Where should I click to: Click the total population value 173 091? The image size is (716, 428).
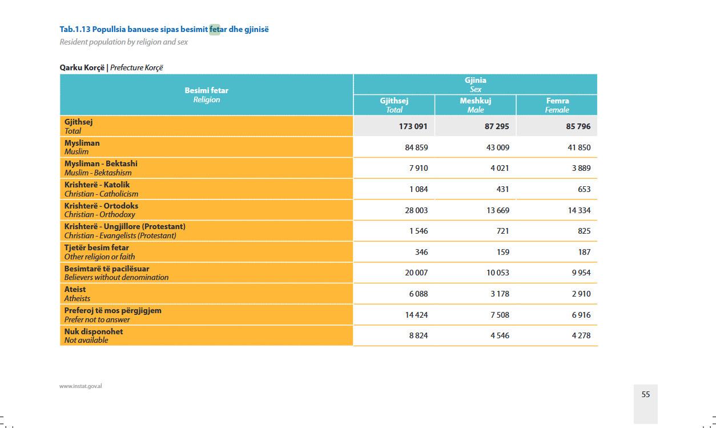[413, 126]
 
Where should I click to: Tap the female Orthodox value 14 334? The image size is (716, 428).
[579, 210]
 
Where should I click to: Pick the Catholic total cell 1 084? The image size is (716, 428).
[418, 189]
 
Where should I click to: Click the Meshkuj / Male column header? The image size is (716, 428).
[476, 105]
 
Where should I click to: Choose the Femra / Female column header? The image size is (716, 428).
[557, 105]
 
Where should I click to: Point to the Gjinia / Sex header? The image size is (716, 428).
[475, 85]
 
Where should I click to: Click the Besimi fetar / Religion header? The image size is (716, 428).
[206, 95]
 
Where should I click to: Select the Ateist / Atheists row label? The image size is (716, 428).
[77, 294]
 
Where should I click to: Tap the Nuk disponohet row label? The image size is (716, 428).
[94, 335]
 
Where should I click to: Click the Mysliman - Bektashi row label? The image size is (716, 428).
[101, 168]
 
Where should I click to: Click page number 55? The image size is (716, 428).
[646, 394]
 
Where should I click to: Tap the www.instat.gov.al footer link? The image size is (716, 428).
[81, 386]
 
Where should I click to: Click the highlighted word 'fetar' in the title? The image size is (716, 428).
[215, 29]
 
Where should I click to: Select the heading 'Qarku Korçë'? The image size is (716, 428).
[82, 67]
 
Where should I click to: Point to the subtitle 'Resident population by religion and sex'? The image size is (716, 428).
[124, 42]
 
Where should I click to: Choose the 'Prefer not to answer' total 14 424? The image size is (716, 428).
[416, 315]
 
